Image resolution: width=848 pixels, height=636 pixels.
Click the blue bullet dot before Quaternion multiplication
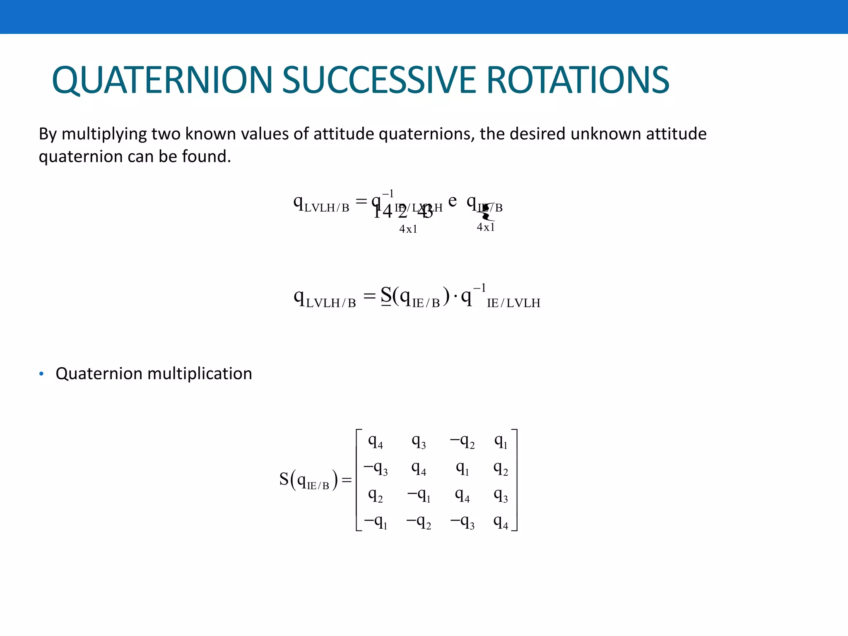point(41,374)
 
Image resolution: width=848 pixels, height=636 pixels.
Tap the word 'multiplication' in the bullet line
point(200,374)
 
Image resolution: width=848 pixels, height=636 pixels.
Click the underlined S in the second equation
point(386,296)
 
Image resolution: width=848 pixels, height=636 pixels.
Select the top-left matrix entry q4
point(376,442)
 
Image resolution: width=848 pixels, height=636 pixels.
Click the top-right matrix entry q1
point(501,442)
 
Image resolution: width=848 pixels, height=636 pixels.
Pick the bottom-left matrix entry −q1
point(376,523)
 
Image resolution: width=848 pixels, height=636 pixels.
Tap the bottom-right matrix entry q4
point(501,523)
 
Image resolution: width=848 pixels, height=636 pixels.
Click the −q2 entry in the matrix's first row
point(462,442)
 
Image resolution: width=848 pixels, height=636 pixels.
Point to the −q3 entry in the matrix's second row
point(376,469)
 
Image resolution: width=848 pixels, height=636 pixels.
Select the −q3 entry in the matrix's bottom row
point(462,523)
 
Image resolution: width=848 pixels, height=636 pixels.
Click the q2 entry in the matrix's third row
point(376,496)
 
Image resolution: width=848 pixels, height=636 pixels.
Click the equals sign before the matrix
point(347,480)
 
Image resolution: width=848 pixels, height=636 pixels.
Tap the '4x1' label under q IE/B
point(486,227)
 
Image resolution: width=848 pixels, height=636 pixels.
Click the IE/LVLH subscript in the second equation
point(513,303)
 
